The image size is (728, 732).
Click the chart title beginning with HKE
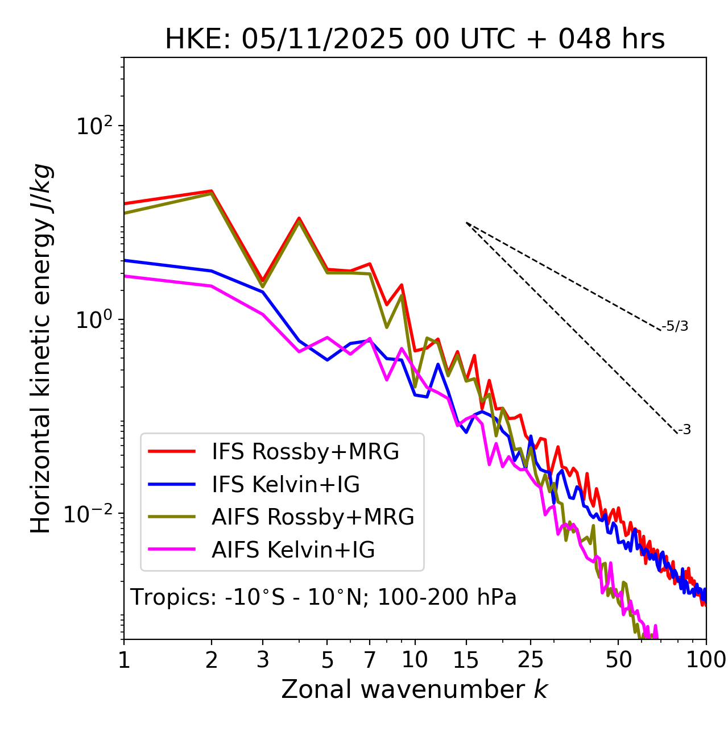click(x=415, y=40)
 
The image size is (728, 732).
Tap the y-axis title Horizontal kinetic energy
click(x=41, y=348)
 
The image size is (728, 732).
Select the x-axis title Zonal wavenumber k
click(x=414, y=689)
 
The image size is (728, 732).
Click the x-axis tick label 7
click(x=370, y=660)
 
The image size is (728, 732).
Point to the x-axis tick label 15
click(x=466, y=660)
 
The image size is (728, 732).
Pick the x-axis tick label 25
click(x=531, y=660)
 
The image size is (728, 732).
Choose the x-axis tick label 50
click(x=618, y=660)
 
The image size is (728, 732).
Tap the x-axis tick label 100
click(x=706, y=660)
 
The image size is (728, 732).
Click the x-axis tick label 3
click(x=263, y=660)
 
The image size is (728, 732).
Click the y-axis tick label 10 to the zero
click(x=95, y=319)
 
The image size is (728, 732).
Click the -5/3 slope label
click(x=675, y=326)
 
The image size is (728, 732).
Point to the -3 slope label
click(x=684, y=430)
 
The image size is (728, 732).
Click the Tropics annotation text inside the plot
click(x=323, y=598)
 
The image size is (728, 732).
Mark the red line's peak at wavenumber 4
click(x=299, y=218)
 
